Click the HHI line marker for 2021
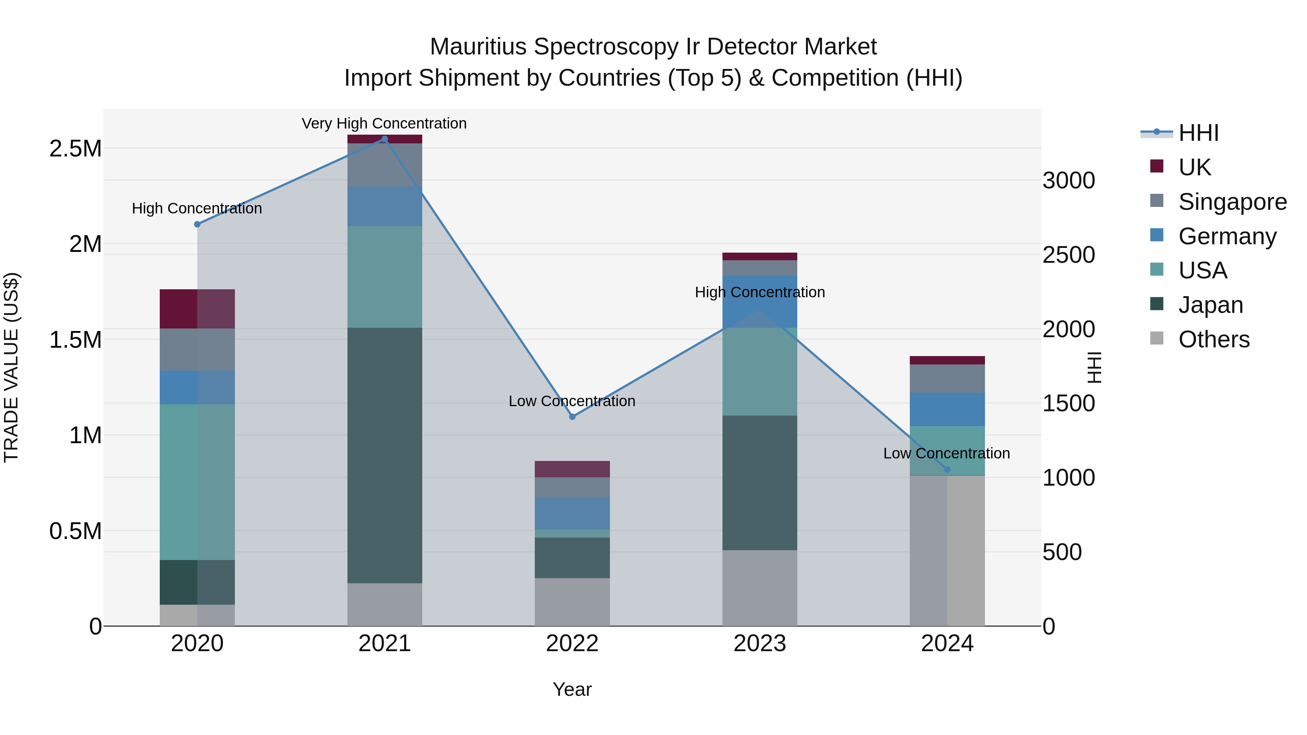pyautogui.click(x=384, y=139)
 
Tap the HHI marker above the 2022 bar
pyautogui.click(x=572, y=416)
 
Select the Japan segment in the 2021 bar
pyautogui.click(x=384, y=455)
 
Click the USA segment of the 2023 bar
pyautogui.click(x=760, y=371)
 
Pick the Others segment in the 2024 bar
pyautogui.click(x=947, y=550)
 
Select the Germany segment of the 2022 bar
pyautogui.click(x=572, y=513)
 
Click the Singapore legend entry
pyautogui.click(x=1232, y=201)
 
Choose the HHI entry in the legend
pyautogui.click(x=1198, y=133)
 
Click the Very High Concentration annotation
pyautogui.click(x=384, y=123)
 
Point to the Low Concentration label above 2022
pyautogui.click(x=572, y=401)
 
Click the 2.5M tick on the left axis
pyautogui.click(x=76, y=148)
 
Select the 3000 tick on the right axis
pyautogui.click(x=1068, y=181)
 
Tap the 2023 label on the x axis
pyautogui.click(x=760, y=644)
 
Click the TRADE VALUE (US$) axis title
pyautogui.click(x=11, y=367)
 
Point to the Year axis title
pyautogui.click(x=572, y=689)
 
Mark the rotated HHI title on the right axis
pyautogui.click(x=1094, y=367)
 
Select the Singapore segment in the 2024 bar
pyautogui.click(x=947, y=379)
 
